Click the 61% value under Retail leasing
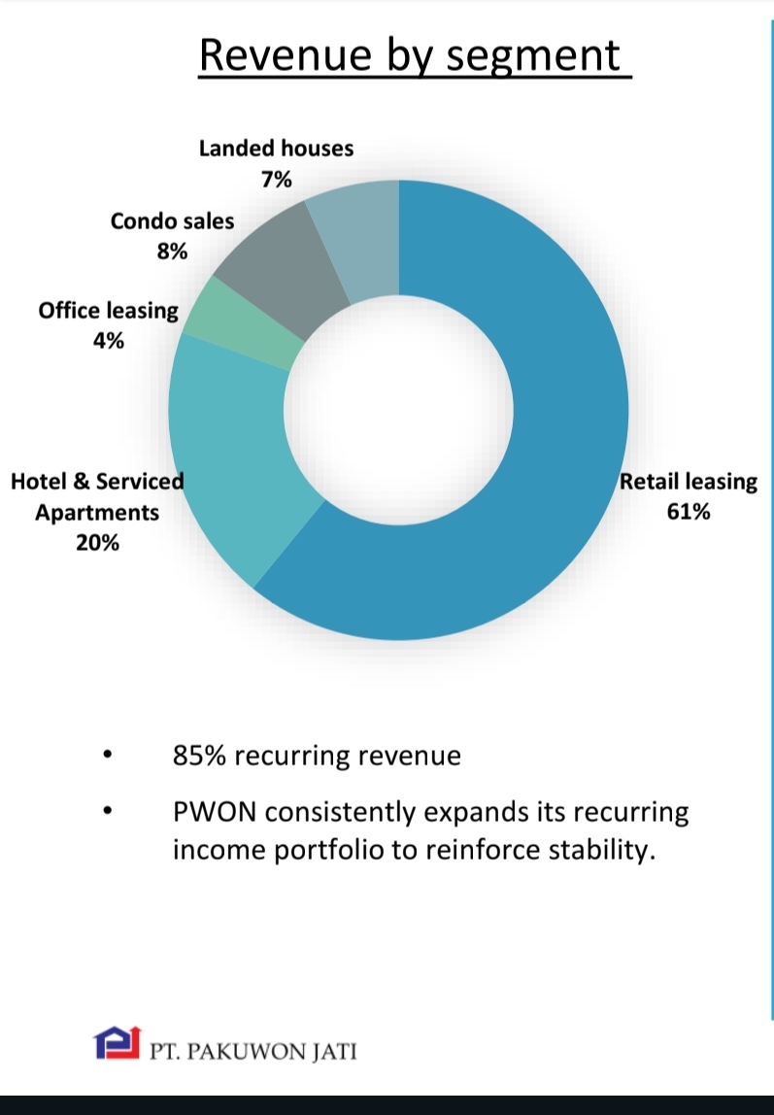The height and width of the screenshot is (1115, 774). pos(688,511)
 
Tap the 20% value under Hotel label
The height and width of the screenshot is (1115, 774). pos(97,543)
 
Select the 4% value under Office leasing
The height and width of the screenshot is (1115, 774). pos(109,340)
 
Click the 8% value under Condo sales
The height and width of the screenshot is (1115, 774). pos(172,251)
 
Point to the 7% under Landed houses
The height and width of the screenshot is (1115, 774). pos(276,179)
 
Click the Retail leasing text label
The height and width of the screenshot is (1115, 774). pos(688,482)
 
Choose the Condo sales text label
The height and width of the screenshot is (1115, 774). pos(172,221)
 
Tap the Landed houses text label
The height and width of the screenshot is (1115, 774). pos(276,149)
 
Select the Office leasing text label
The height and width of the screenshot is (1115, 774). pos(109,311)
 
